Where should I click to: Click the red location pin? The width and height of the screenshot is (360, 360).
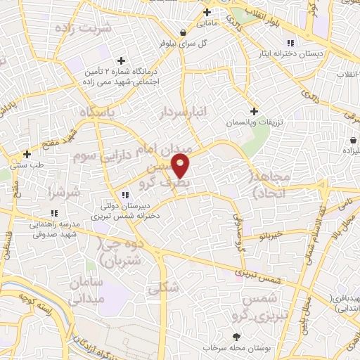pos(181,165)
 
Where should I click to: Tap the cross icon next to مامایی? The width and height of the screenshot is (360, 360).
pos(207,13)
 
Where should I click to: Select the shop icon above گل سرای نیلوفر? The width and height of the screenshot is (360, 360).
pos(183,32)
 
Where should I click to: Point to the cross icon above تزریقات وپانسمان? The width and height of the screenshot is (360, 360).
pos(254,111)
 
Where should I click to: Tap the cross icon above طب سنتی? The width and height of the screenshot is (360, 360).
pos(27,154)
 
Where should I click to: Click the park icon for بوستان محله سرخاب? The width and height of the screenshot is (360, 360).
pos(236,337)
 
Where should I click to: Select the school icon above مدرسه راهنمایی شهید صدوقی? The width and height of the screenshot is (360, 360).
pos(53,214)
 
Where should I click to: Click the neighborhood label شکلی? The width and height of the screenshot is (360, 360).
pos(161,288)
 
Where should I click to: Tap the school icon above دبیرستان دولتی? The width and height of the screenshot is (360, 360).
pos(124,195)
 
